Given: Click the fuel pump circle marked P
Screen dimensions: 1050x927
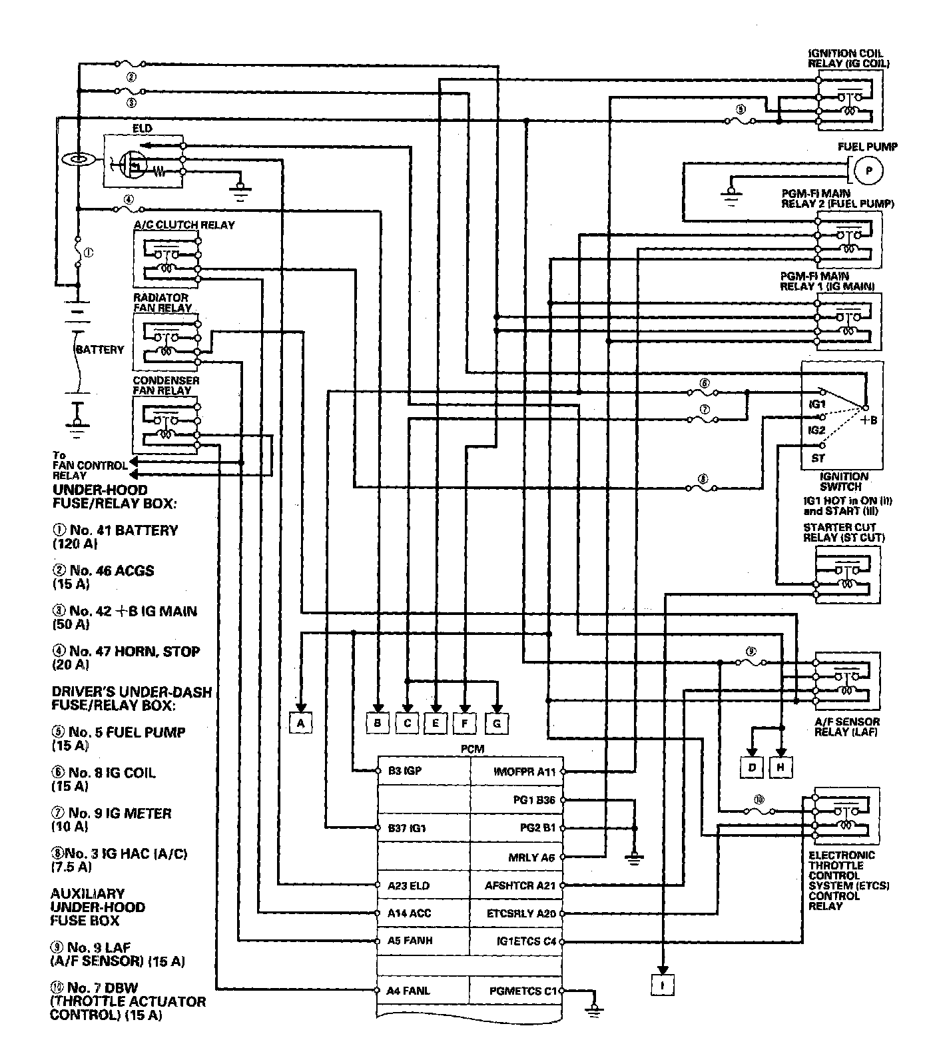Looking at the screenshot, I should pos(868,171).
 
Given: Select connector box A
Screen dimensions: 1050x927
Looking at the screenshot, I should pos(301,722).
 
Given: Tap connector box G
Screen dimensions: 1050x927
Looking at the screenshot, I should pos(497,723).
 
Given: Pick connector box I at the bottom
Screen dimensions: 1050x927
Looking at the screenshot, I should pos(663,984).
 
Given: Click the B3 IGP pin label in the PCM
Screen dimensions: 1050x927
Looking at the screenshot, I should pos(405,772).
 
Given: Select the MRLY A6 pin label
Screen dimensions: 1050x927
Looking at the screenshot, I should pos(531,857).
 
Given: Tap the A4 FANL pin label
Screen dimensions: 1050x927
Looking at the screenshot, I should pos(408,991).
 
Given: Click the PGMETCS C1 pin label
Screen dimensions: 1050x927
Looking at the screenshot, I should pos(523,991).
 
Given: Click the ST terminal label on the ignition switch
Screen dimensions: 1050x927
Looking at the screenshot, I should pos(818,458).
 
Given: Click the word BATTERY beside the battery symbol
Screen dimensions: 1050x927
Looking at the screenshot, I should pos(99,349).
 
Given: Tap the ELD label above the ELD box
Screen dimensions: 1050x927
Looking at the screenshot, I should pos(143,128).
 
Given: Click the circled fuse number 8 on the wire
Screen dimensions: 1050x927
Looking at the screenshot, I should pos(703,478).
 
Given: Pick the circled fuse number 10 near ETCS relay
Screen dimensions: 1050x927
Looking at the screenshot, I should pos(759,800).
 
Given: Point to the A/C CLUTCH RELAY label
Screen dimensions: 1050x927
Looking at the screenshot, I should pos(184,225).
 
